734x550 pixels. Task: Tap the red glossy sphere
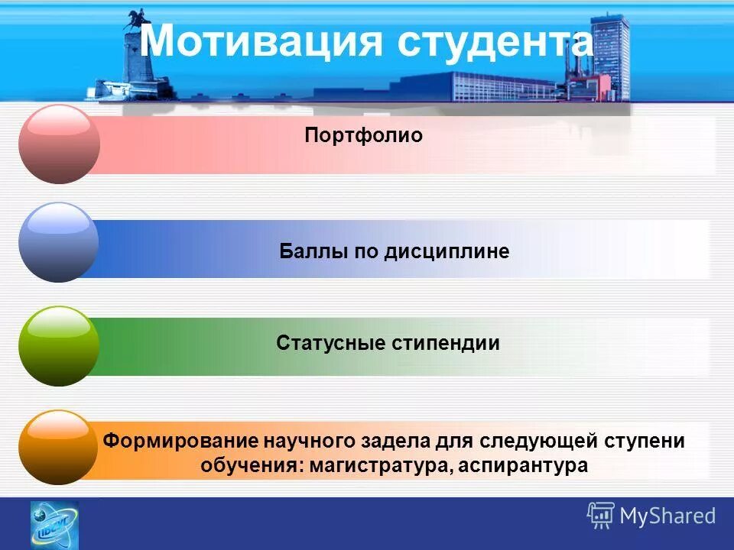pyautogui.click(x=59, y=144)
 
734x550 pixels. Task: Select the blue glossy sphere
pyautogui.click(x=59, y=242)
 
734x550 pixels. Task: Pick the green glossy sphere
pyautogui.click(x=59, y=346)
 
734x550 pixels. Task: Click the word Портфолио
pyautogui.click(x=363, y=136)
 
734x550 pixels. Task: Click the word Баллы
pyautogui.click(x=306, y=251)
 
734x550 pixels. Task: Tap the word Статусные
pyautogui.click(x=330, y=343)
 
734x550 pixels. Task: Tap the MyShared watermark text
pyautogui.click(x=667, y=516)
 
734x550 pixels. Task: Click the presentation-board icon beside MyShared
pyautogui.click(x=601, y=516)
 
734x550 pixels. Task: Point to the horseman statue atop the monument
pyautogui.click(x=138, y=21)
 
